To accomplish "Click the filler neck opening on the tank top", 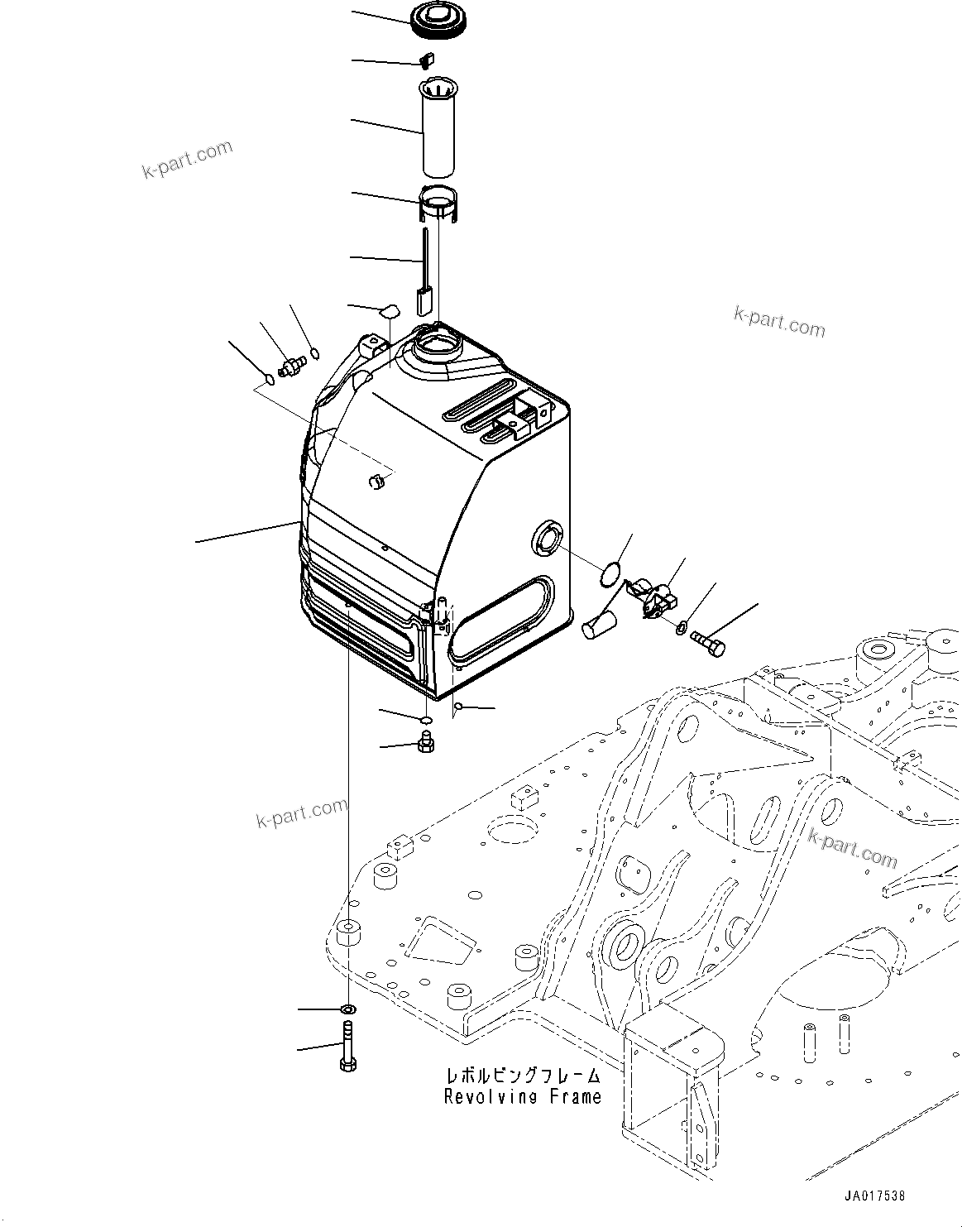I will pyautogui.click(x=435, y=341).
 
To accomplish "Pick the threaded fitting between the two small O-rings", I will pyautogui.click(x=291, y=366).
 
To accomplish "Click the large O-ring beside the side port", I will pyautogui.click(x=611, y=573).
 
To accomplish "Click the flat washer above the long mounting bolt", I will pyautogui.click(x=348, y=1009).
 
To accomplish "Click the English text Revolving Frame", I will pyautogui.click(x=523, y=1097).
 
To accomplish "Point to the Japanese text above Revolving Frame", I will pyautogui.click(x=523, y=1077).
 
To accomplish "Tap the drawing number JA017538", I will pyautogui.click(x=875, y=1196).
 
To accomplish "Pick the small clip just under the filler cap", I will pyautogui.click(x=428, y=61).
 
